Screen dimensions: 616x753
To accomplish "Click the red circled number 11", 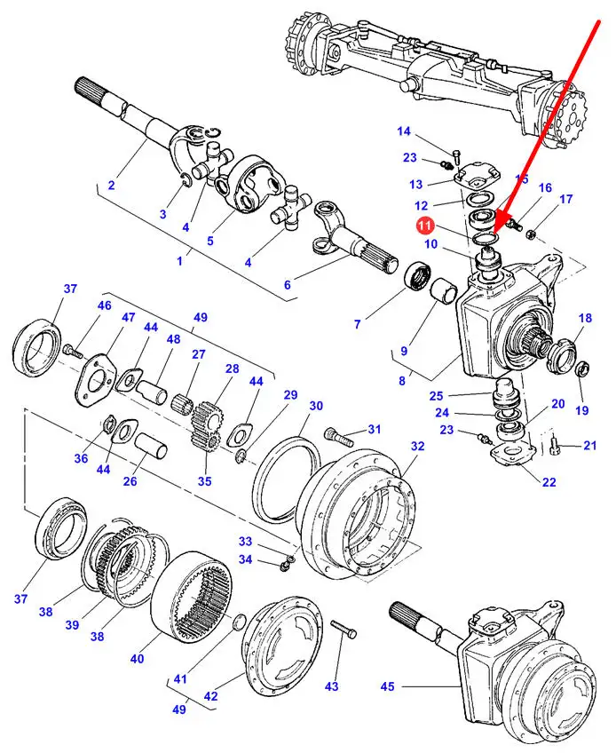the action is pos(424,226).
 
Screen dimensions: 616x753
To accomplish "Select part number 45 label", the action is pos(388,686).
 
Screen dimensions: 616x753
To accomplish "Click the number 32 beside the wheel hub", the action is pos(418,446).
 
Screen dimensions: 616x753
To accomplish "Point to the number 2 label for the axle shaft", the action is pos(111,185).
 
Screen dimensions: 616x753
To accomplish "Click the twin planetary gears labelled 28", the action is pos(207,426).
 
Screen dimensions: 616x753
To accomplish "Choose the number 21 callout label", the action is pos(590,445).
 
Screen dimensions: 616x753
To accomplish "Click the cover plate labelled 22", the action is pos(512,455).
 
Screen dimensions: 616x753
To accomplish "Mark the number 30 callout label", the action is pos(316,407).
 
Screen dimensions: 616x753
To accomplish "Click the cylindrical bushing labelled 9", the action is pos(442,291).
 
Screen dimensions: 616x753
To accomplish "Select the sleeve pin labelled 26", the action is pos(150,446).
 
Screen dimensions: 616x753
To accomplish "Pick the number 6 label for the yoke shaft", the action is pos(287,285).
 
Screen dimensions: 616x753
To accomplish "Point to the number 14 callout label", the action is pos(404,131).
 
